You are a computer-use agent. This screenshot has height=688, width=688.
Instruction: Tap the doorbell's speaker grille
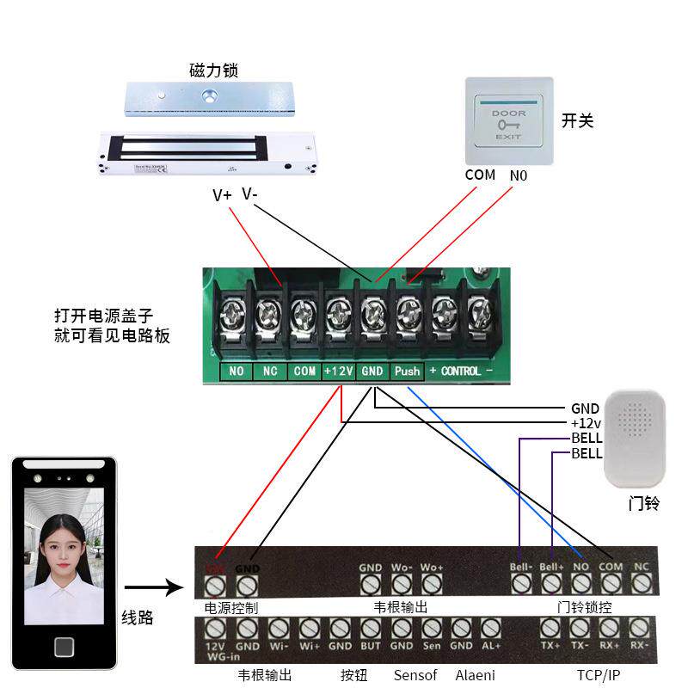click(636, 420)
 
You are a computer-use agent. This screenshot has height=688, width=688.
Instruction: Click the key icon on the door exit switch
click(507, 126)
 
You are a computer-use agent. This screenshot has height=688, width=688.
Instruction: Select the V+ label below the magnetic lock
click(222, 195)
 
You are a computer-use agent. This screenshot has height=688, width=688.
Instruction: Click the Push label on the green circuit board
click(407, 372)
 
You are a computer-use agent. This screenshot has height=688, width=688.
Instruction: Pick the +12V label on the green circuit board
click(338, 372)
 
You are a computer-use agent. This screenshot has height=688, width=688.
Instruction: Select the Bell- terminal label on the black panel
click(521, 568)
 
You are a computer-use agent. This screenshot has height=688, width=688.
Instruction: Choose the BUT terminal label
click(371, 646)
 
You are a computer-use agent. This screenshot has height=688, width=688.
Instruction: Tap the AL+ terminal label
click(491, 646)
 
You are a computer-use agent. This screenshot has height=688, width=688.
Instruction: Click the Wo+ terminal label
click(432, 568)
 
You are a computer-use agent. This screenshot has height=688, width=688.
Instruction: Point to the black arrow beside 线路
click(154, 589)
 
